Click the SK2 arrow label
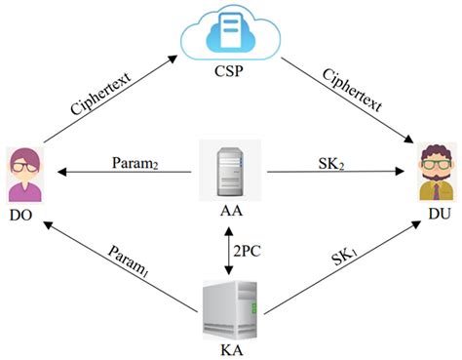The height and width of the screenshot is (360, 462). pos(327,159)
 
